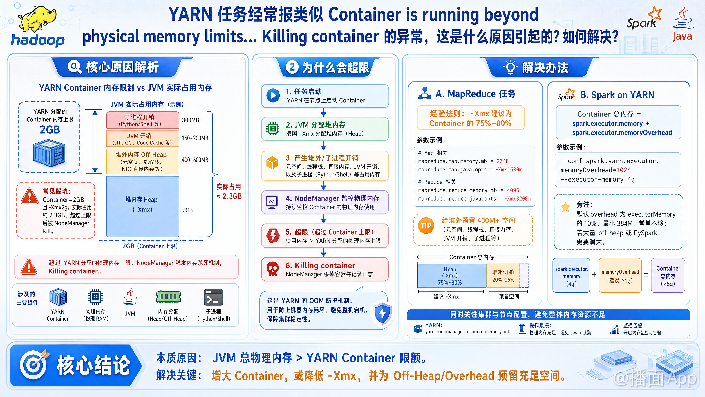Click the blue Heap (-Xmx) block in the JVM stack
[x=143, y=206]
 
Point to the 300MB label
[x=191, y=120]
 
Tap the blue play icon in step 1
[x=273, y=95]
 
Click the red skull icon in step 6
[x=273, y=269]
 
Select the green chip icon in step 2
[x=273, y=128]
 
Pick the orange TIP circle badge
[x=426, y=226]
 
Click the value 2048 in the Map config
[x=502, y=161]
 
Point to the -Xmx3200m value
[x=518, y=199]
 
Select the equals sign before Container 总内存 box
[x=646, y=275]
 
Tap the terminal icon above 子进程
[x=214, y=297]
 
